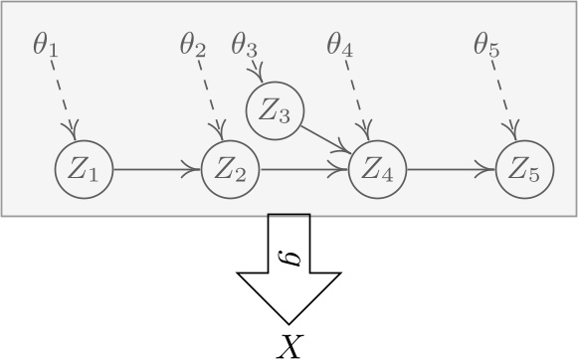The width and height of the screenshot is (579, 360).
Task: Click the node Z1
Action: point(84,170)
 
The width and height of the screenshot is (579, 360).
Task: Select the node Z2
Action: point(230,170)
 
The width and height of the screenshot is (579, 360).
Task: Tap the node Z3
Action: point(275,111)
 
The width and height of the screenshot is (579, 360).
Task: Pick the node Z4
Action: point(377,170)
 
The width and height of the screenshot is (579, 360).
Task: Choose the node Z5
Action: point(524,170)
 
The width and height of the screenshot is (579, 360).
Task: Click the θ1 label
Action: point(45,46)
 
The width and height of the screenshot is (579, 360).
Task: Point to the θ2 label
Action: point(193,46)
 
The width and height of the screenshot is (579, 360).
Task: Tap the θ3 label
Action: point(245,46)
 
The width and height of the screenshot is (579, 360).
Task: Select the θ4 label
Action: point(340,46)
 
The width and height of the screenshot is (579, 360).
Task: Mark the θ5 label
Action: point(487,46)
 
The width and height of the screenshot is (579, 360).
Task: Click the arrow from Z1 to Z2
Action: point(156,170)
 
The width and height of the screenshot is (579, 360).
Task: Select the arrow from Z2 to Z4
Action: point(303,170)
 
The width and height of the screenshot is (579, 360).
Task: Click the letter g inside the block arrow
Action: point(289,257)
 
